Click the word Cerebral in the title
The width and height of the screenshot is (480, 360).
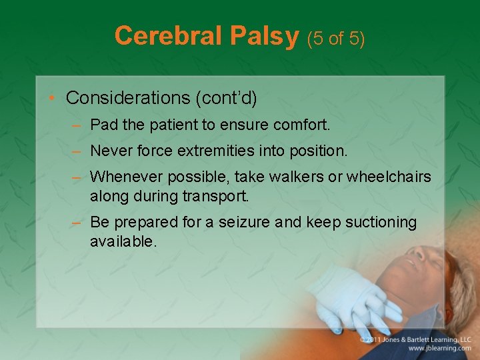pos(168,35)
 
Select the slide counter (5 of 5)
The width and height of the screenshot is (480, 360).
pos(336,39)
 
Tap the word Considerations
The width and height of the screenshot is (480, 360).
pos(128,97)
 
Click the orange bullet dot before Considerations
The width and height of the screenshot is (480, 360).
pos(51,97)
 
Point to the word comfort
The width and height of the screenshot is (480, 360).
pos(301,125)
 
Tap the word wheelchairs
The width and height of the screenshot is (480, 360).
pos(389,177)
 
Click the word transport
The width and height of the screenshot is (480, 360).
pos(216,197)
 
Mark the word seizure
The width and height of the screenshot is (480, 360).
pos(244,222)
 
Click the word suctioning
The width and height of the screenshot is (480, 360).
pos(381,223)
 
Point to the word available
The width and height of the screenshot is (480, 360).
pos(123,241)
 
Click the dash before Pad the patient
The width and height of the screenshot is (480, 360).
pos(76,125)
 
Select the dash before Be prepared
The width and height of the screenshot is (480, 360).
pos(76,223)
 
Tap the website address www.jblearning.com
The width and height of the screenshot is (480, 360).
pos(439,349)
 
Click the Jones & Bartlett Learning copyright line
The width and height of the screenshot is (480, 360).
pos(415,340)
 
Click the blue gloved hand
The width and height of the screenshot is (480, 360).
pos(355,300)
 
